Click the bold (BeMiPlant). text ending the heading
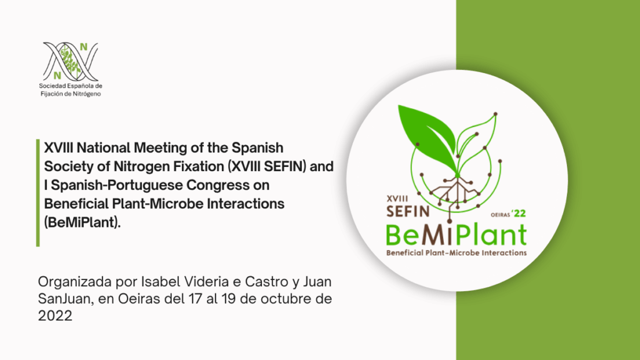point(82,222)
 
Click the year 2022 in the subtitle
point(55,316)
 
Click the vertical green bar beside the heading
point(38,192)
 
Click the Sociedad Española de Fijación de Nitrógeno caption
point(71,90)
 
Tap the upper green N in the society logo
point(84,47)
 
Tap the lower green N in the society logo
point(57,76)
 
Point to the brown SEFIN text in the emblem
point(407,211)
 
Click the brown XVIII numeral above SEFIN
point(397,199)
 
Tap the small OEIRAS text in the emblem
point(501,215)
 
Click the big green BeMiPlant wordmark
point(456,235)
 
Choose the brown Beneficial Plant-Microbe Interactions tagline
point(456,252)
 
